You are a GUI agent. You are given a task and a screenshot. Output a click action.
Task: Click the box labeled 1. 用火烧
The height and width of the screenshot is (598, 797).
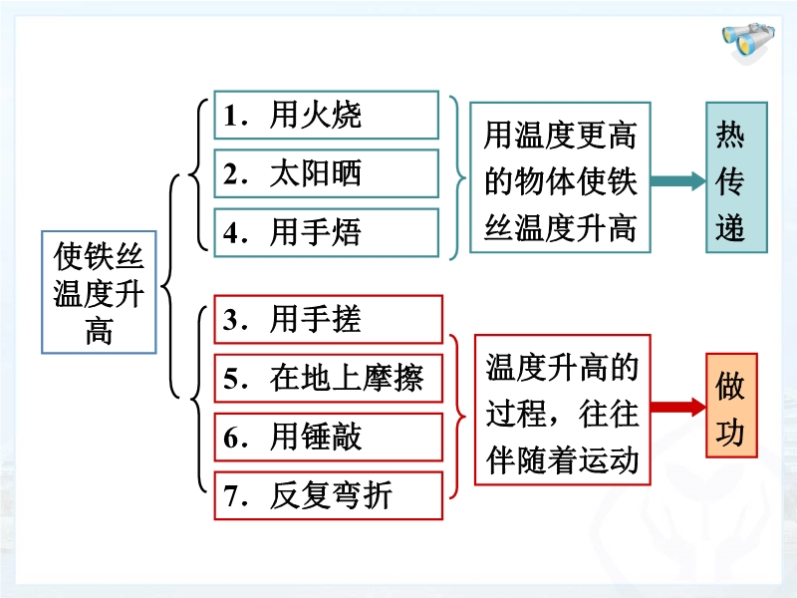click(x=327, y=115)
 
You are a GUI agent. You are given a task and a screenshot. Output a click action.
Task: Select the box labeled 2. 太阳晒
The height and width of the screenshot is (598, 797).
click(x=327, y=173)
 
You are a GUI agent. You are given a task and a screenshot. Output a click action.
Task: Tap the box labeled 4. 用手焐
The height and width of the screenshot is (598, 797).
click(x=327, y=232)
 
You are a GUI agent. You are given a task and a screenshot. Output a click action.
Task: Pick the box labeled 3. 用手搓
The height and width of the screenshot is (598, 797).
click(x=329, y=319)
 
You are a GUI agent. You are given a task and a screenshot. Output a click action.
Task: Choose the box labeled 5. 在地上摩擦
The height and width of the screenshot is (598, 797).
click(x=329, y=379)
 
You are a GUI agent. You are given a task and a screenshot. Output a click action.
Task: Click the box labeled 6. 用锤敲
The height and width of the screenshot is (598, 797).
click(x=329, y=438)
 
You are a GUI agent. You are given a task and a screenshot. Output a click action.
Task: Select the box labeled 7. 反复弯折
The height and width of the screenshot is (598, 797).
click(x=329, y=495)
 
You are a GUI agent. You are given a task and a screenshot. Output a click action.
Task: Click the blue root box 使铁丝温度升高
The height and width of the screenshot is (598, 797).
click(x=99, y=292)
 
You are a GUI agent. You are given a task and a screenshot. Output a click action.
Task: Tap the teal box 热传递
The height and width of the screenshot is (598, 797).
click(x=736, y=177)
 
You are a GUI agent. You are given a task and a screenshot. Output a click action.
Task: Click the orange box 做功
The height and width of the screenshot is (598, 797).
click(x=731, y=406)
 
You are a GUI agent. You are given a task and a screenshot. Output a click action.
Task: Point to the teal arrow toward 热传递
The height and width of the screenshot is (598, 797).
click(x=678, y=181)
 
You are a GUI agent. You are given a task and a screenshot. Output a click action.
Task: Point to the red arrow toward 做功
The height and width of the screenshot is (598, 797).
click(x=678, y=407)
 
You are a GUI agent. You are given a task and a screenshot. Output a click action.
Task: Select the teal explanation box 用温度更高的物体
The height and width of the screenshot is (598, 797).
click(x=560, y=177)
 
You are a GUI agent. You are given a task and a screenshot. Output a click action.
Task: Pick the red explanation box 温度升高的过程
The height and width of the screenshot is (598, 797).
click(x=563, y=410)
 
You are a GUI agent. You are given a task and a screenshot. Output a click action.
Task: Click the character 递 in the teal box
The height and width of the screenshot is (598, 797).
click(x=730, y=227)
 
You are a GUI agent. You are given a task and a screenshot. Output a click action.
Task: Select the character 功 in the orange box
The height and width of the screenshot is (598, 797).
click(x=730, y=433)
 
